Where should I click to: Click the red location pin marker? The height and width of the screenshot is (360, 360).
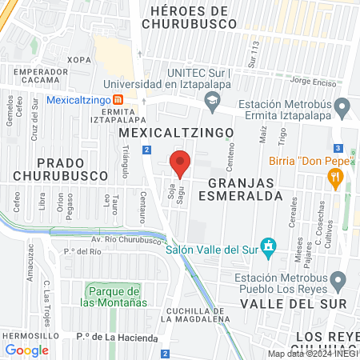click(x=180, y=162)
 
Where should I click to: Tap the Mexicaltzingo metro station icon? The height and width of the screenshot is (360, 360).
click(x=118, y=100)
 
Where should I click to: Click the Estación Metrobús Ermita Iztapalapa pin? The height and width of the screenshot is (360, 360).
click(x=342, y=106)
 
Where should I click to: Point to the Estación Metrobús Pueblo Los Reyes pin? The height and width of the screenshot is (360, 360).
click(x=338, y=281)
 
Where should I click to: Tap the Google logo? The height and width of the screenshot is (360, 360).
click(x=27, y=350)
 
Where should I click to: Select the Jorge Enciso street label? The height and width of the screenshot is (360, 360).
click(x=312, y=81)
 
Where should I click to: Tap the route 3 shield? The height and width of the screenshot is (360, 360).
click(x=338, y=148)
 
